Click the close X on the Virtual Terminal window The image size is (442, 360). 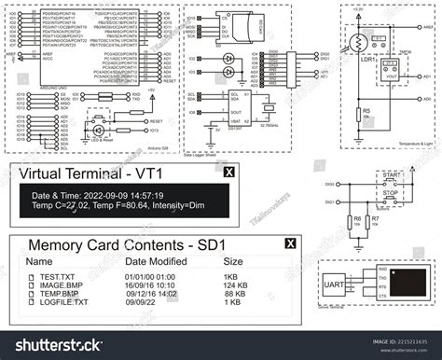229,173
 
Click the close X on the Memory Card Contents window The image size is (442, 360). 290,244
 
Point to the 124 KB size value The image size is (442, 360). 235,286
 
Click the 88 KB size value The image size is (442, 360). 233,295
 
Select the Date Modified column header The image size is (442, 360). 157,263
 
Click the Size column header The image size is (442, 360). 232,263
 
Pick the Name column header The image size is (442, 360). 39,263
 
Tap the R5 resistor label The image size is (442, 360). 366,110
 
